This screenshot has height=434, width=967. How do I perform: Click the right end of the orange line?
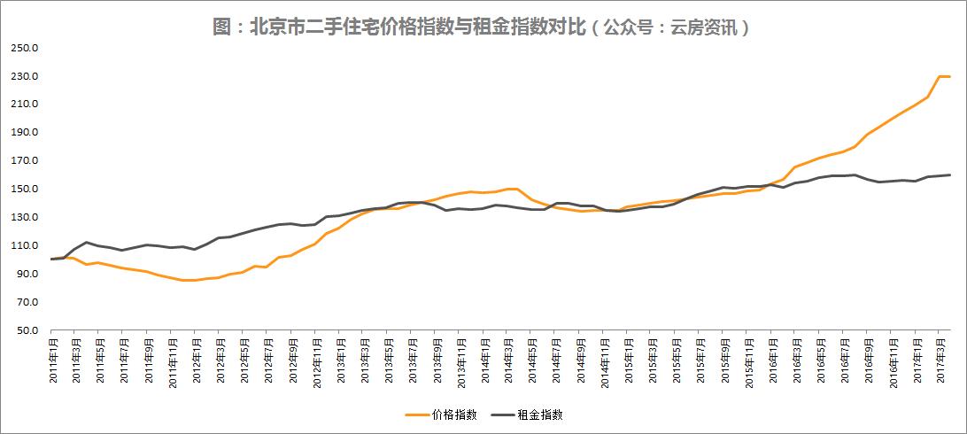(950, 76)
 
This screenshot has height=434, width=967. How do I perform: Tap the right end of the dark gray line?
(950, 174)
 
